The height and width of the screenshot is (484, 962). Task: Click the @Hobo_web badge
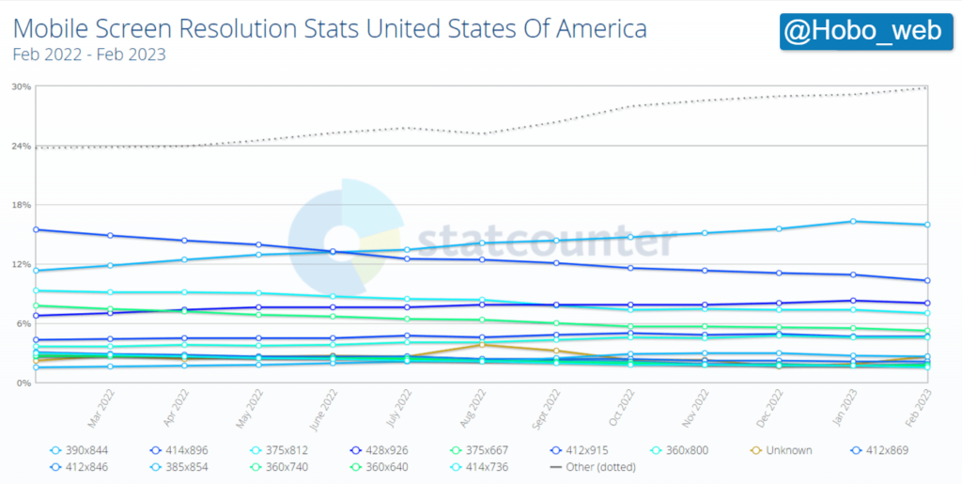tap(862, 32)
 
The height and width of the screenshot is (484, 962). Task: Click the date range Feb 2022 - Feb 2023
tap(89, 55)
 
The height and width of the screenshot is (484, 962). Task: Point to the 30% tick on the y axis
tap(22, 86)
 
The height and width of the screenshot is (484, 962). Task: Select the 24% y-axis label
tap(22, 146)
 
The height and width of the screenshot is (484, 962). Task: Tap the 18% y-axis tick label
tap(22, 205)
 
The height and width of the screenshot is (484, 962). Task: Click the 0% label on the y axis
tap(23, 383)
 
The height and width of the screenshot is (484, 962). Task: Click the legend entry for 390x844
tap(80, 450)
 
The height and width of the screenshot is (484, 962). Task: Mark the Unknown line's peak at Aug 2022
tap(481, 345)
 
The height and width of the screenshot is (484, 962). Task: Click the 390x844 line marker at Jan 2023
tap(852, 222)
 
